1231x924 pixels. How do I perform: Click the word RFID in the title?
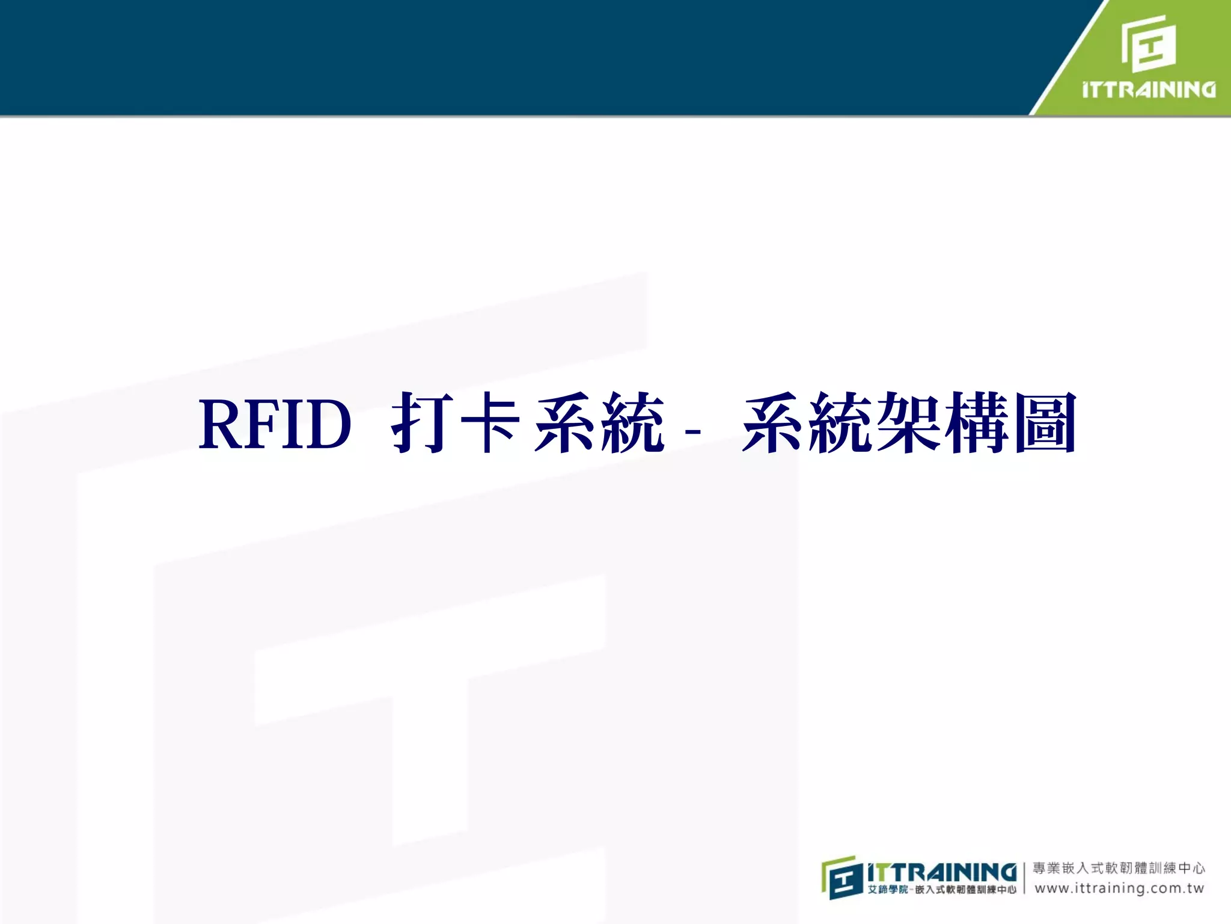275,424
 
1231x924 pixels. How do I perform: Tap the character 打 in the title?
423,422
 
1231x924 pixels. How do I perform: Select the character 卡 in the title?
490,422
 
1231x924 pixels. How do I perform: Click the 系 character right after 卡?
566,422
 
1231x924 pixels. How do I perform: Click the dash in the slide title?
692,431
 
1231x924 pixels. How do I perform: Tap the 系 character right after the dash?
774,422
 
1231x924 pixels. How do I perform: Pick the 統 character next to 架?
841,422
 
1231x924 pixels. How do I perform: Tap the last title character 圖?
1045,422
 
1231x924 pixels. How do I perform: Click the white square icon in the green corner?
1149,44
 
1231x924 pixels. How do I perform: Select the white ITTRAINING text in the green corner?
1149,90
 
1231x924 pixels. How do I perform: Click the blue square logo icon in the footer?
842,878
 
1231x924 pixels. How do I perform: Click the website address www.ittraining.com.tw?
1119,889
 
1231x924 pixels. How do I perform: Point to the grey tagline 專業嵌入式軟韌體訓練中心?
1119,868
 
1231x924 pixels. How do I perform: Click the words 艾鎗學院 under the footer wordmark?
887,890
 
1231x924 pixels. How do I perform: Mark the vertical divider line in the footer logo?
1024,878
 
